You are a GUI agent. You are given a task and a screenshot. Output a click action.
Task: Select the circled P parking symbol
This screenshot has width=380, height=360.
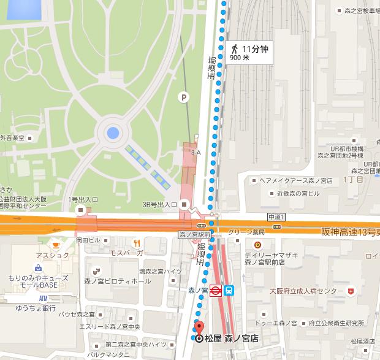(183, 96)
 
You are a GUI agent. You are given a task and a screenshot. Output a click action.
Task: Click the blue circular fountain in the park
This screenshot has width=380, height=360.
(112, 132)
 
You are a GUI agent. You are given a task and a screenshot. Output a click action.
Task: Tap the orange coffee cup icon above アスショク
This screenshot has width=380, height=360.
(56, 243)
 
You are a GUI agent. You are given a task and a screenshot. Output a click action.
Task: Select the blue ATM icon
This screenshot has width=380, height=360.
(42, 297)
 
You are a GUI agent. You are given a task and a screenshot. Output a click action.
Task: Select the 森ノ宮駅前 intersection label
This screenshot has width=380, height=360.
(195, 234)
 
